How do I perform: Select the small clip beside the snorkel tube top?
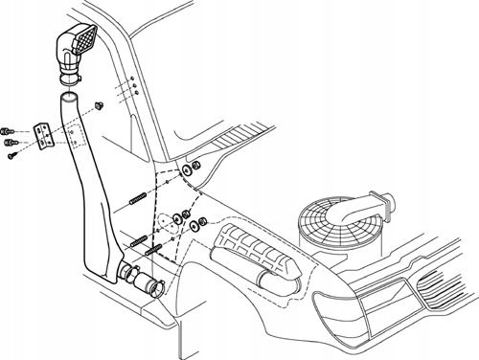[99, 101]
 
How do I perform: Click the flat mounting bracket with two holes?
[41, 135]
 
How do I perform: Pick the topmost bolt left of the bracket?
[8, 128]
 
